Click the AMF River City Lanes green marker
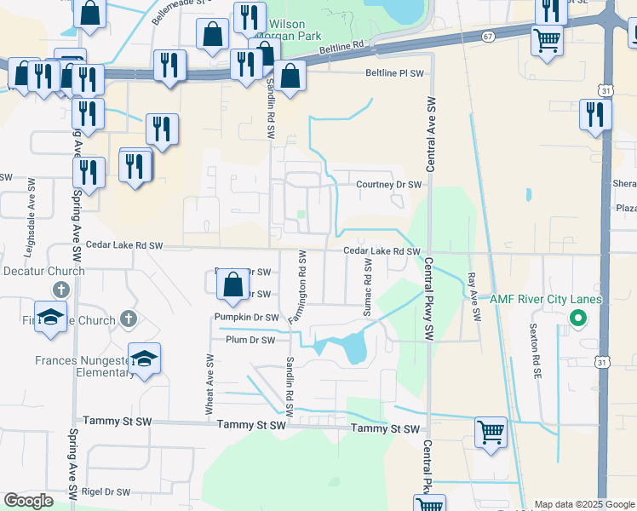click(577, 319)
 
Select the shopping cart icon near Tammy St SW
click(491, 433)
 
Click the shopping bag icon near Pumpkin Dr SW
click(232, 284)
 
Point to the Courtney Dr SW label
click(388, 185)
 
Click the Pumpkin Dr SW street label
click(247, 318)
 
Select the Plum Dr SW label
click(251, 340)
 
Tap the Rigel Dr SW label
click(106, 492)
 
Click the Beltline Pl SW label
click(394, 73)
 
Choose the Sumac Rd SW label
click(368, 289)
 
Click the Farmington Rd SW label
click(296, 286)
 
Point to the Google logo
click(28, 501)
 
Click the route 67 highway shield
click(487, 37)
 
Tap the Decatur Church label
click(43, 272)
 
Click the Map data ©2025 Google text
click(583, 504)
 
